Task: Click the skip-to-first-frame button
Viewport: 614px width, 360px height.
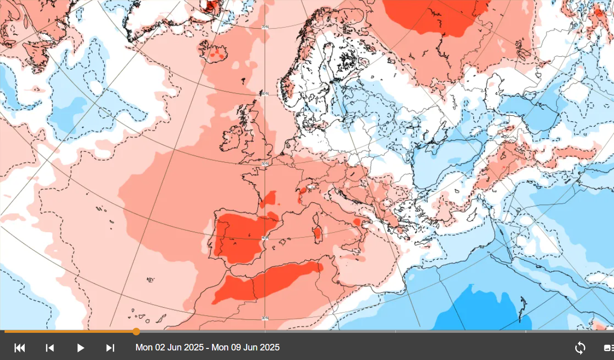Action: pos(20,348)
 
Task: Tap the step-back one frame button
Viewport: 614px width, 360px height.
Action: pos(50,348)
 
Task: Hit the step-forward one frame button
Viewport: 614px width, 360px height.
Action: pos(110,348)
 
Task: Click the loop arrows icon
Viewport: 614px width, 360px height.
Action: pos(580,348)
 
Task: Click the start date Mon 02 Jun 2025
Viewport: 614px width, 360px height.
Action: pos(169,347)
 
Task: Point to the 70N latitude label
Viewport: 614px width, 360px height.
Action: pos(265,27)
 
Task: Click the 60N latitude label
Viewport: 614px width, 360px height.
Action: pos(264,94)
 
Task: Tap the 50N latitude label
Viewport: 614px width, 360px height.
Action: pos(264,164)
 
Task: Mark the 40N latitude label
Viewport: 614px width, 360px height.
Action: pos(264,237)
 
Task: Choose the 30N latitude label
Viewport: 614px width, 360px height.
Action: pos(265,318)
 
